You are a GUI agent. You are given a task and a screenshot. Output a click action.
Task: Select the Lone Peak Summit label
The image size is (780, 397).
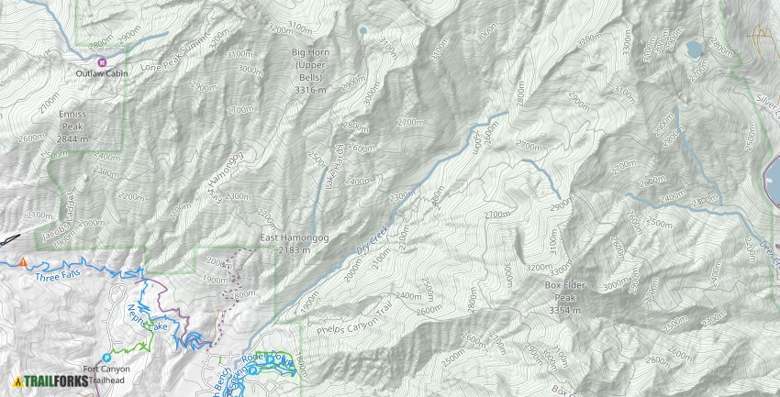(176, 56)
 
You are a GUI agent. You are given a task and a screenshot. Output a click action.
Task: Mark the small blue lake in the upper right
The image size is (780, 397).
(694, 48)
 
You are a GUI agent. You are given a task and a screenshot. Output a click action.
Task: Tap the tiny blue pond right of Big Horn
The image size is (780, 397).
(365, 30)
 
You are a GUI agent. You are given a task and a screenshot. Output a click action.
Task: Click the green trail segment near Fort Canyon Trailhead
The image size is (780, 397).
(138, 346)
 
